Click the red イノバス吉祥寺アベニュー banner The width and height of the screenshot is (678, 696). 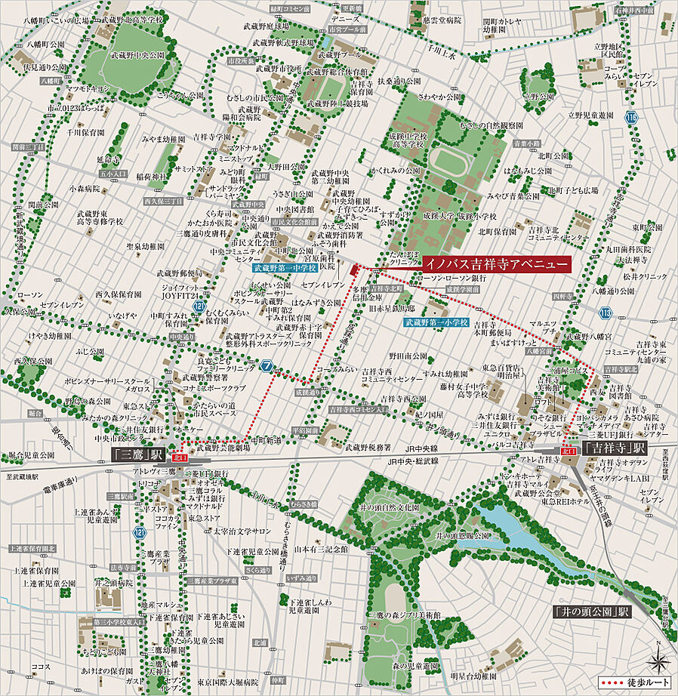(494, 264)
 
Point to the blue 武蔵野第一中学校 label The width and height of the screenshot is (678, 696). (285, 266)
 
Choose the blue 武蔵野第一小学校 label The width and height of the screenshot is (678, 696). (435, 322)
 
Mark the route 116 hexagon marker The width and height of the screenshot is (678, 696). (631, 117)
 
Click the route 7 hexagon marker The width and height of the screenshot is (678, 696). (266, 368)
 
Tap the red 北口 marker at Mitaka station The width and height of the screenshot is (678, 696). (179, 457)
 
